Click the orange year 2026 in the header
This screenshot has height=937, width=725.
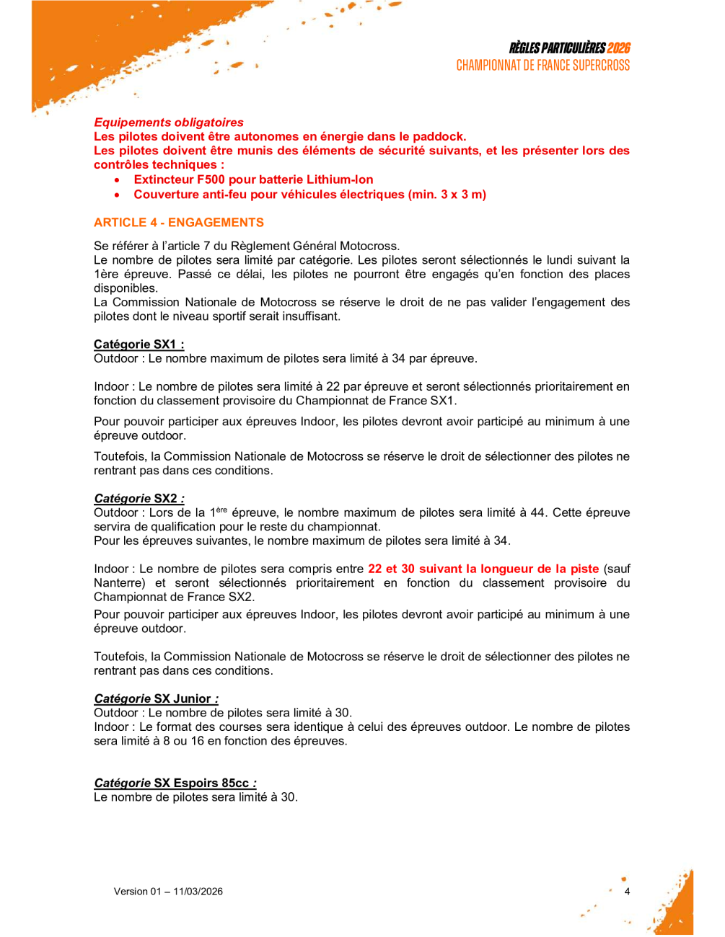coord(618,48)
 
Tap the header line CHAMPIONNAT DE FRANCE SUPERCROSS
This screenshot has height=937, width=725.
coord(542,66)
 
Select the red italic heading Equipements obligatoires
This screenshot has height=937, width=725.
coord(169,123)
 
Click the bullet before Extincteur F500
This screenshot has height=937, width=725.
coord(118,180)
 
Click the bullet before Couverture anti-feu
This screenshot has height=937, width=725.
coord(118,195)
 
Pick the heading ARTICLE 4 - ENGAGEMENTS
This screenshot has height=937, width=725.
coord(179,223)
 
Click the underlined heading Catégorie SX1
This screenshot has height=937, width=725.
coord(139,345)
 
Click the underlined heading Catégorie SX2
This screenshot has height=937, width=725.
coord(139,499)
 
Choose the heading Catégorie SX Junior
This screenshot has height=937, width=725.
coord(156,699)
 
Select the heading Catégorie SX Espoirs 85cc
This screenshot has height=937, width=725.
coord(175,783)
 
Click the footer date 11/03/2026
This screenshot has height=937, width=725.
coord(198,892)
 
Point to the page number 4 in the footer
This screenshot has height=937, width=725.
coord(627,892)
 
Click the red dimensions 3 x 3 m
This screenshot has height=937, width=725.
coord(461,195)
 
